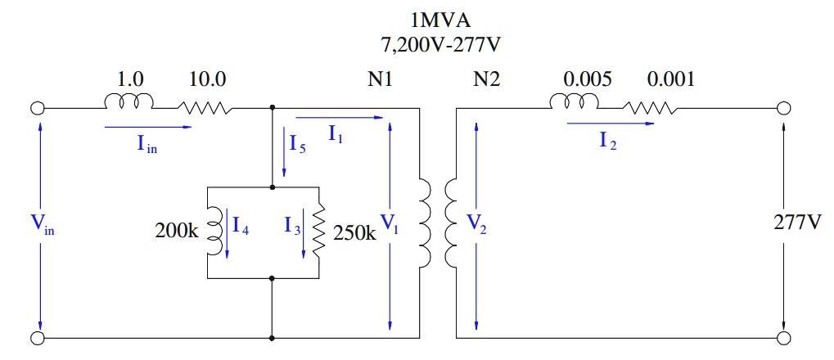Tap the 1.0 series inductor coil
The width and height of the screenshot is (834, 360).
tap(128, 102)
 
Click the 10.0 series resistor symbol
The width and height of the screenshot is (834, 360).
tap(205, 107)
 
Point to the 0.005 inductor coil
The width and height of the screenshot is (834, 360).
tap(576, 102)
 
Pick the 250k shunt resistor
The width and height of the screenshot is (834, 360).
tap(318, 232)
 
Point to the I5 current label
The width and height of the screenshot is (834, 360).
tap(298, 143)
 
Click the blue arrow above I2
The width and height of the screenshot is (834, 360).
tap(610, 124)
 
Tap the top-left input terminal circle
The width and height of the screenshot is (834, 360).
tap(38, 107)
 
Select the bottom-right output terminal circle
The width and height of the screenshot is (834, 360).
tap(784, 338)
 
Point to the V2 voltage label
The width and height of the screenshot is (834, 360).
tap(476, 225)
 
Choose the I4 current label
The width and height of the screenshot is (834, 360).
tap(241, 227)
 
